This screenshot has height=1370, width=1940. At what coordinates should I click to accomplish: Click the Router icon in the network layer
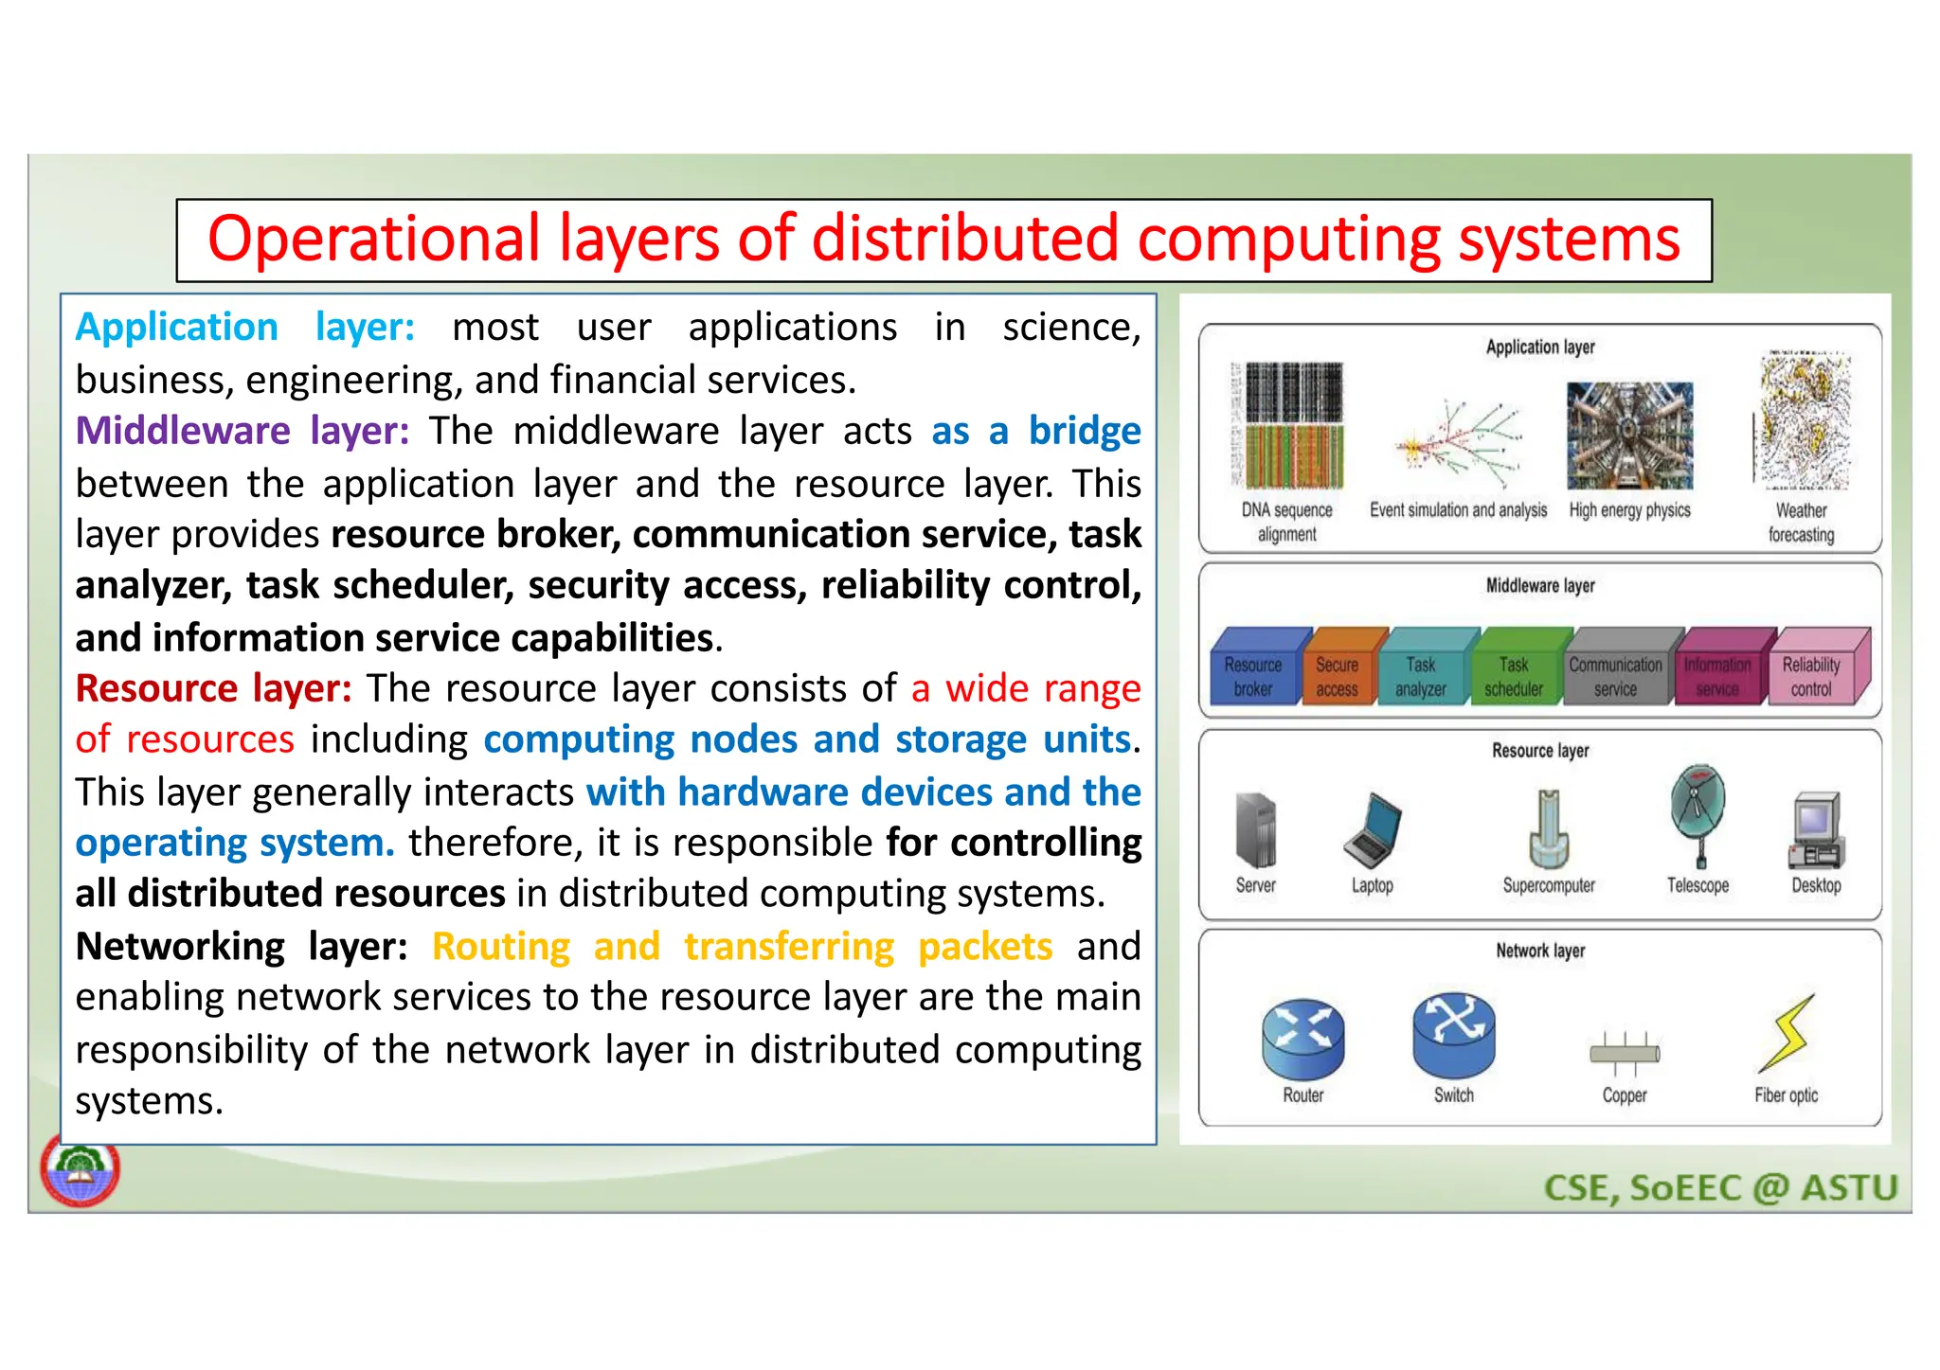(x=1302, y=1040)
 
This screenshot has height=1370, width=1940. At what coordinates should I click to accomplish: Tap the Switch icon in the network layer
(x=1453, y=1036)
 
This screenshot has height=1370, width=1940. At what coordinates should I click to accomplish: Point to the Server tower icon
(x=1256, y=830)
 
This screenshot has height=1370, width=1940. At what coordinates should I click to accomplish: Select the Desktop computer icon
(x=1815, y=830)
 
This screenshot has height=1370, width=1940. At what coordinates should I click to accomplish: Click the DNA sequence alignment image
(x=1288, y=425)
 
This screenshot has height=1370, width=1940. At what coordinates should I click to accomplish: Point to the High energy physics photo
(x=1629, y=435)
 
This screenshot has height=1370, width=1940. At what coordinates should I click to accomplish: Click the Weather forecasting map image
(x=1803, y=421)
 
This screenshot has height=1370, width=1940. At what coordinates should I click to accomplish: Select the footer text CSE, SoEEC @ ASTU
(x=1720, y=1187)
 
